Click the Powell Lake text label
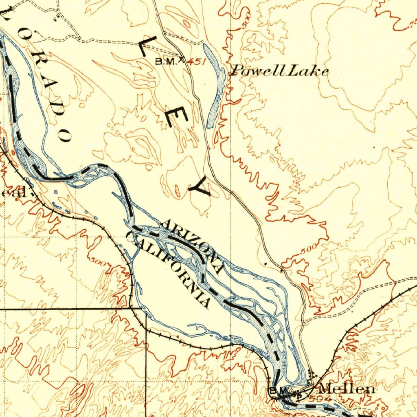(279, 72)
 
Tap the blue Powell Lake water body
(214, 86)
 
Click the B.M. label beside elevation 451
(166, 61)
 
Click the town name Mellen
(347, 389)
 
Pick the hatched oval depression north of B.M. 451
(187, 23)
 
